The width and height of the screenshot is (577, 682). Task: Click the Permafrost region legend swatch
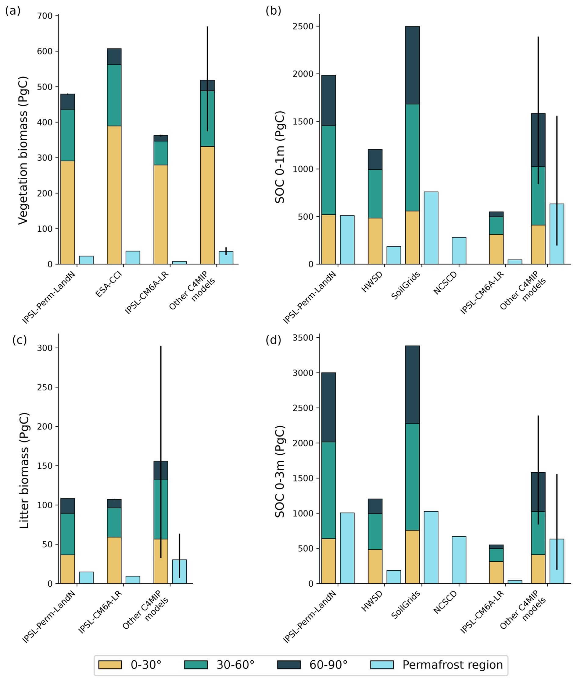click(x=382, y=665)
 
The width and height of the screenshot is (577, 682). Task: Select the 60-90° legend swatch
click(x=289, y=665)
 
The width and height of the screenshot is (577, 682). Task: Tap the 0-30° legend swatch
click(x=110, y=665)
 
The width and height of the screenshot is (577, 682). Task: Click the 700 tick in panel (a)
click(x=45, y=16)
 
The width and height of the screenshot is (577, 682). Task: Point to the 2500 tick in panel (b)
click(x=303, y=27)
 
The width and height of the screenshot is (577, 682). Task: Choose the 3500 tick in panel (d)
click(x=303, y=338)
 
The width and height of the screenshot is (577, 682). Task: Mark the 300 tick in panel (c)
click(x=45, y=348)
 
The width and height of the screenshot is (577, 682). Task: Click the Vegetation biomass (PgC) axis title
click(x=23, y=150)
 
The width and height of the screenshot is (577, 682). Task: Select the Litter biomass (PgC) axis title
click(x=24, y=471)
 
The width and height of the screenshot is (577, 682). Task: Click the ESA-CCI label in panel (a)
click(x=109, y=284)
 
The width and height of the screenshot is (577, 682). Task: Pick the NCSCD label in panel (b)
click(x=445, y=283)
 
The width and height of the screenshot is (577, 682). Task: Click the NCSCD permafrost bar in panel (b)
click(x=459, y=251)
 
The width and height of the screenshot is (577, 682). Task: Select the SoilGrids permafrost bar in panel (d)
click(x=431, y=547)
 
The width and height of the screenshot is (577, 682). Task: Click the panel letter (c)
click(x=19, y=340)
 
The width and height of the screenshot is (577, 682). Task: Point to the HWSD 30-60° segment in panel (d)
click(x=375, y=532)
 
